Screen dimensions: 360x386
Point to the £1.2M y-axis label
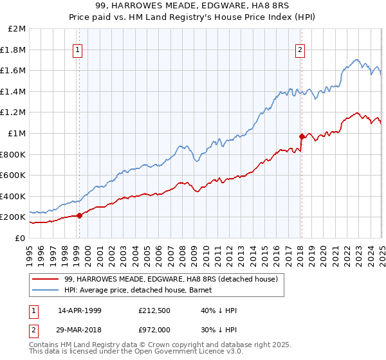(14, 113)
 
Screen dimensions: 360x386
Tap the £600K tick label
(14, 175)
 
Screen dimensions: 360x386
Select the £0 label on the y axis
(20, 238)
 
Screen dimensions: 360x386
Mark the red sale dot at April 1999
(80, 215)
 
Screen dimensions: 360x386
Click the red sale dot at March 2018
(302, 136)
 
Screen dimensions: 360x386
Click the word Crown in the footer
(163, 345)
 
